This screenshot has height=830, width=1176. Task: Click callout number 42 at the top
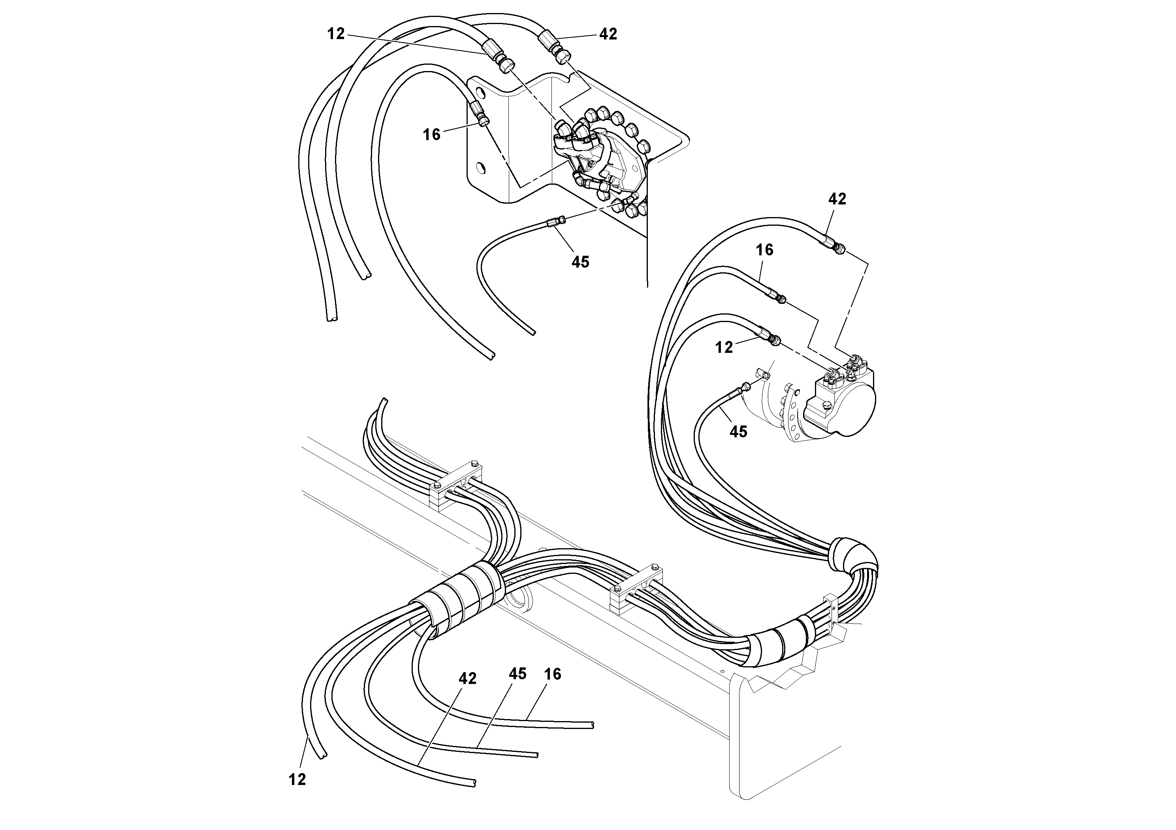point(608,34)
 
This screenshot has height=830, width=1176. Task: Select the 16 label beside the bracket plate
point(431,135)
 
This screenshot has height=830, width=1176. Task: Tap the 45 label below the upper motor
point(580,262)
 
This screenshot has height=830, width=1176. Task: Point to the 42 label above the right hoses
point(837,199)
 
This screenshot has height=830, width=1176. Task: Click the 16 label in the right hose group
point(764,250)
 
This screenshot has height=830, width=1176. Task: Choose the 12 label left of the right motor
point(724,347)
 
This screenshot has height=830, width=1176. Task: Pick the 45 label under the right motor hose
point(738,432)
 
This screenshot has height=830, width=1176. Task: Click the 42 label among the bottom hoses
point(467,678)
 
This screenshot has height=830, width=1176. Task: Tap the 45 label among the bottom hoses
point(517,674)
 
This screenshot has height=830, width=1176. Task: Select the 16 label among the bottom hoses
point(553,674)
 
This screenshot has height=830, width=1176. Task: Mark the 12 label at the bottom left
point(297,779)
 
